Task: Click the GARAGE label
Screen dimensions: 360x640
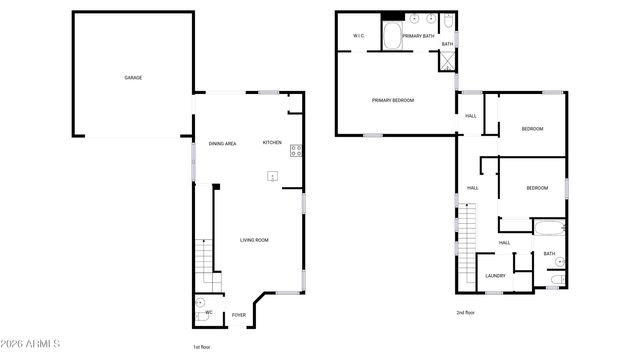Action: [132, 77]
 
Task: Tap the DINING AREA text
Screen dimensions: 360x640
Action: [222, 144]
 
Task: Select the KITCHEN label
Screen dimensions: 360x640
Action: [272, 143]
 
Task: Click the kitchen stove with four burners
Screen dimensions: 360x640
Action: [296, 151]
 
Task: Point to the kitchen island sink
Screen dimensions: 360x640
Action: [272, 177]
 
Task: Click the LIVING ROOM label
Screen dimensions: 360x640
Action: [254, 240]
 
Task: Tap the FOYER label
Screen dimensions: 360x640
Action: [239, 315]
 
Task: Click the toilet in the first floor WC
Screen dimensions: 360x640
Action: [199, 303]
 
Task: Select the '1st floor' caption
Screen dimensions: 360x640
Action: [202, 346]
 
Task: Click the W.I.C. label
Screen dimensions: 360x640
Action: [357, 36]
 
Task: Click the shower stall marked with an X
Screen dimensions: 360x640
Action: [447, 59]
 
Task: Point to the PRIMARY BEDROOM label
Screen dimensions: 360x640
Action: [393, 100]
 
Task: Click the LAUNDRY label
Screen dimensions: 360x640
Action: [495, 276]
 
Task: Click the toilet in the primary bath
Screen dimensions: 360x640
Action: [447, 21]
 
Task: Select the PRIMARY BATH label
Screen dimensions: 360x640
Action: [418, 36]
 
